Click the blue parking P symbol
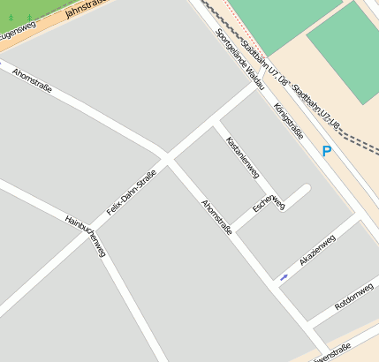click(327, 152)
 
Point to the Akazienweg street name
click(317, 250)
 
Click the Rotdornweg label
click(354, 298)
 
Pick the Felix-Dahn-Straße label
click(131, 192)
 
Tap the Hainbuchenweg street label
click(85, 236)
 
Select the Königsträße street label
click(288, 121)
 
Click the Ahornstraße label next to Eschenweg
click(216, 216)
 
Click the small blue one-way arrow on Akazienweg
click(284, 277)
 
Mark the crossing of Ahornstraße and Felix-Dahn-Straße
click(168, 158)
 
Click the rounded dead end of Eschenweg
click(305, 190)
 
